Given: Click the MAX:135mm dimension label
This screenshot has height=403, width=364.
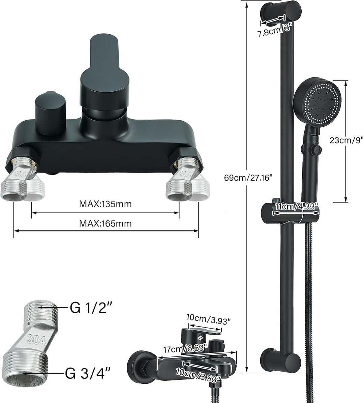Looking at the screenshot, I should [105, 204].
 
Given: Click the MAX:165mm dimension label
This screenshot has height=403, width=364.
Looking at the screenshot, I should [105, 223].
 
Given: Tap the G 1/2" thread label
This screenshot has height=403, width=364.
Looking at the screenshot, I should [91, 307].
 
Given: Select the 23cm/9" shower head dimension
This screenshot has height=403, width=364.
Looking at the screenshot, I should [346, 141].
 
